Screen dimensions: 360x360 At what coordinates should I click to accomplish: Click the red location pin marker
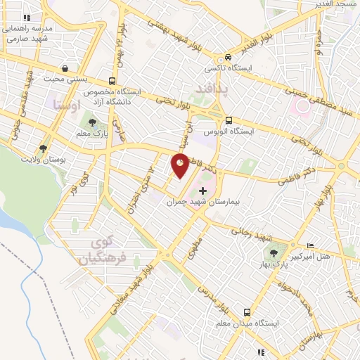click(180, 165)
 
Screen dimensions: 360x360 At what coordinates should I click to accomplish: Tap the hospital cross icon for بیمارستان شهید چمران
click(203, 191)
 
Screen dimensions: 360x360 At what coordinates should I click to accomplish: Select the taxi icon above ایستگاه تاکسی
click(228, 58)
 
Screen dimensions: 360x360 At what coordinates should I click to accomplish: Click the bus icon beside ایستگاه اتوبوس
click(229, 120)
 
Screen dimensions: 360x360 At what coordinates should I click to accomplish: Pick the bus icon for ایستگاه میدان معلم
click(247, 311)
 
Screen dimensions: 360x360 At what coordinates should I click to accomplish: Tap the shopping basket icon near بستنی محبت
click(65, 69)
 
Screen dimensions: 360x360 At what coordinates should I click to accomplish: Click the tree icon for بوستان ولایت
click(44, 148)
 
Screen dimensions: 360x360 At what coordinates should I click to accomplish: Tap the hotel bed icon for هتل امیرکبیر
click(311, 245)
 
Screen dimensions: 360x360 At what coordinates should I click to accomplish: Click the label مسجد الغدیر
click(337, 6)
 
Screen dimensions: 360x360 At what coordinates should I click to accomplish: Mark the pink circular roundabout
click(304, 106)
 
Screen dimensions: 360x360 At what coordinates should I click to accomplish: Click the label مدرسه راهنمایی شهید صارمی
click(28, 34)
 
